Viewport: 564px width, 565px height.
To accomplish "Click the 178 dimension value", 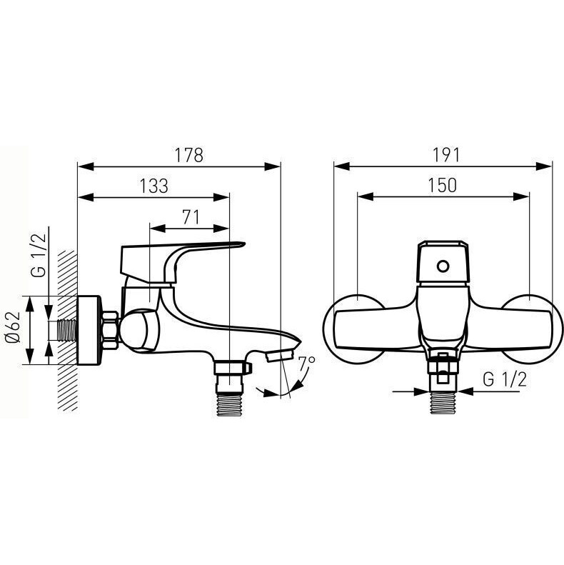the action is coord(189,155).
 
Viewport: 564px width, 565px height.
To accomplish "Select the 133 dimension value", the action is coord(153,186).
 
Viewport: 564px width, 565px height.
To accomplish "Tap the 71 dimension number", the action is coord(191,217).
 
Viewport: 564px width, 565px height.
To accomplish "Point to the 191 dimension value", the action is coord(446,155).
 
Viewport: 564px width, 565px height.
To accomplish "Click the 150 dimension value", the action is coord(442,185).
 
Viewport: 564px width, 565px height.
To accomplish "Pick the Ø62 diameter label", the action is coord(14,327).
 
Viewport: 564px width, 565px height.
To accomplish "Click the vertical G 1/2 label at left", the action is coord(39,255).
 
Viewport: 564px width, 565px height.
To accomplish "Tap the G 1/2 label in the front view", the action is coord(505,379).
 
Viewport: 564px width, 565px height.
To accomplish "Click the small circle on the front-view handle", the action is coord(443,266).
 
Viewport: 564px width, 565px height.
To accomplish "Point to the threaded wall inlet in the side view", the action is coord(67,330).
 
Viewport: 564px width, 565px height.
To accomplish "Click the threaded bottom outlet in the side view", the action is coord(229,405).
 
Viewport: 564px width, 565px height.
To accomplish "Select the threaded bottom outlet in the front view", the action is coord(443,404).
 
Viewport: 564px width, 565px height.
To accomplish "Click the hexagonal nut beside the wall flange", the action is coord(110,330).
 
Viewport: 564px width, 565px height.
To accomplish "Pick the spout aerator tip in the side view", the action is coord(281,355).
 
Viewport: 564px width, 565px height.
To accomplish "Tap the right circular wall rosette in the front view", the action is coord(531,329).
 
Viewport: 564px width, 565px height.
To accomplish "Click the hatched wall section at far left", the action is coord(68,331).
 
